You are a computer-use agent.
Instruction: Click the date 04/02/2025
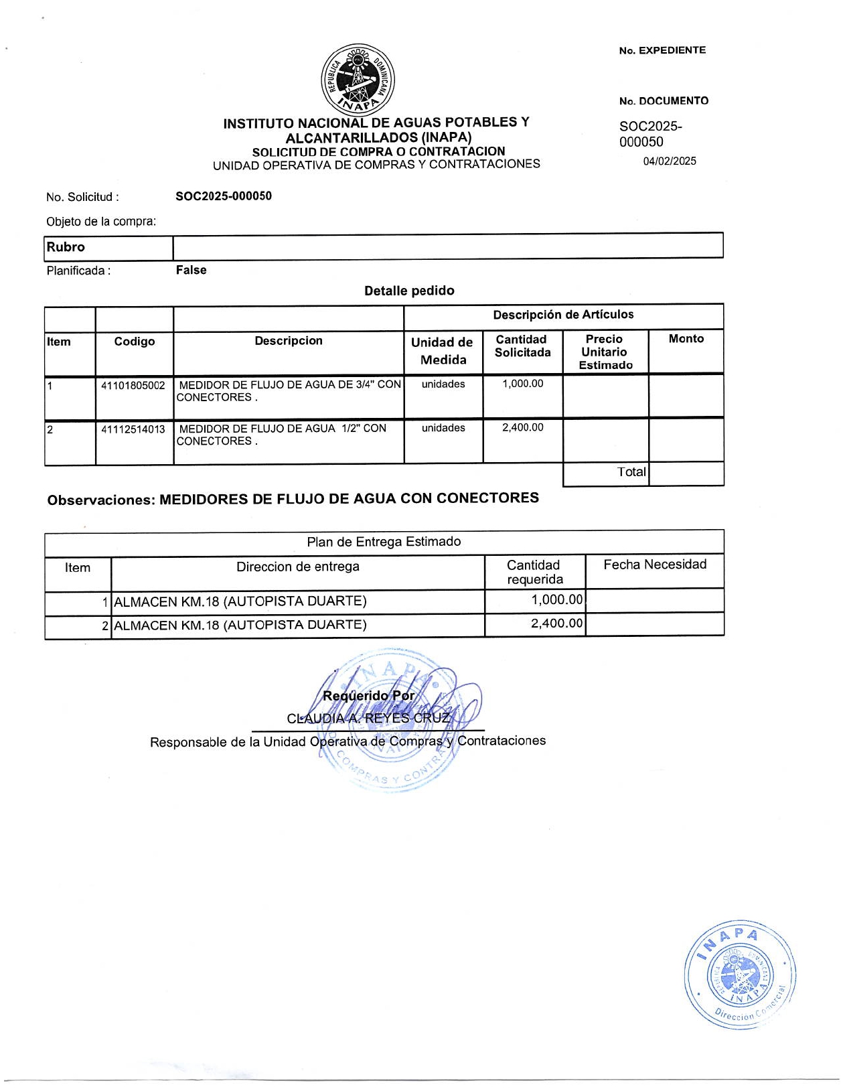click(x=670, y=161)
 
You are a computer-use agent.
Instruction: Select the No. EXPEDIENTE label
click(x=662, y=50)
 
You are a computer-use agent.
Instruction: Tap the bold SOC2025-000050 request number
click(x=224, y=196)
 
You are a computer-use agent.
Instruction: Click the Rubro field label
click(x=66, y=247)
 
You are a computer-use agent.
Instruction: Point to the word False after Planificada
click(x=191, y=271)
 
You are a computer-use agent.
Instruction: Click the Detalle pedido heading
click(x=409, y=291)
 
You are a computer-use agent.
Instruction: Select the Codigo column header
click(x=134, y=342)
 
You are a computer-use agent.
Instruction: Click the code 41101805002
click(x=133, y=386)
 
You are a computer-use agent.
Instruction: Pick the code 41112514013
click(x=133, y=429)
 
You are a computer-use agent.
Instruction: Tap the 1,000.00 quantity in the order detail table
click(x=523, y=384)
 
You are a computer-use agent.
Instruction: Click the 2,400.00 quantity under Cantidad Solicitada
click(x=523, y=427)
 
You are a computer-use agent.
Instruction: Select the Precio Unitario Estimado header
click(x=605, y=352)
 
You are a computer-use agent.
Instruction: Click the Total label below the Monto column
click(x=631, y=472)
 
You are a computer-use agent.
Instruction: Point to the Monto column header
click(x=686, y=339)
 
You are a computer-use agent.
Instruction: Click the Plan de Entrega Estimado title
click(x=384, y=542)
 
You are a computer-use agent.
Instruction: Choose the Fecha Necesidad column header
click(x=655, y=565)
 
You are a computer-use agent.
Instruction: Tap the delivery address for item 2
click(x=240, y=625)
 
